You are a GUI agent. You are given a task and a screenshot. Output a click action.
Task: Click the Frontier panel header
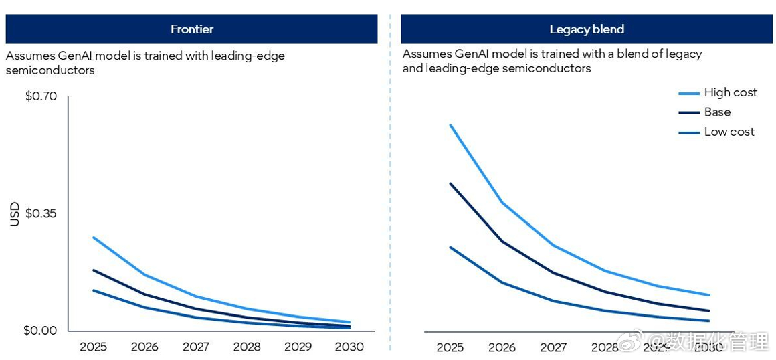[191, 29]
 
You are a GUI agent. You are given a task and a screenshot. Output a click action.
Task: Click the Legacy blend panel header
[586, 29]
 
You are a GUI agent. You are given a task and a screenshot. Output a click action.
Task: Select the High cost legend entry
[730, 92]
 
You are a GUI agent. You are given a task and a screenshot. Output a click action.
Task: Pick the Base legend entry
[716, 112]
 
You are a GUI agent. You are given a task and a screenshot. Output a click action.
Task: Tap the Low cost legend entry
[729, 132]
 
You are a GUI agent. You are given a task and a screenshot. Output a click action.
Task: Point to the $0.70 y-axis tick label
[41, 96]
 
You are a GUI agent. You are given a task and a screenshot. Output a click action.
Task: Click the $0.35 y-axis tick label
[41, 213]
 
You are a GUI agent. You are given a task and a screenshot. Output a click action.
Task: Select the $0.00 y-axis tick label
[41, 331]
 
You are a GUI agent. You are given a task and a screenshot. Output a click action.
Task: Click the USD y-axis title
[15, 214]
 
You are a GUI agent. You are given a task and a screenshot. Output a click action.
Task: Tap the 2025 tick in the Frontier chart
[94, 347]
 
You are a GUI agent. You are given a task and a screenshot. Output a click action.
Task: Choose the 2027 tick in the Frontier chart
[195, 347]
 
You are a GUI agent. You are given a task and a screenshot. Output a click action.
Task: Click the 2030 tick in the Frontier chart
[349, 347]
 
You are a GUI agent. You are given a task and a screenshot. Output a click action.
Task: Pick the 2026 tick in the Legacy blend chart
[502, 347]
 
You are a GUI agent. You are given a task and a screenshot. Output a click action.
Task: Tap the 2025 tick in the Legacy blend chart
[450, 347]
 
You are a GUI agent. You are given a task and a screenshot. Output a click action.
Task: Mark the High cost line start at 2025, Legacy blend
[450, 125]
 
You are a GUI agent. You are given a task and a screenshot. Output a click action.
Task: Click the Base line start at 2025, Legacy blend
[450, 183]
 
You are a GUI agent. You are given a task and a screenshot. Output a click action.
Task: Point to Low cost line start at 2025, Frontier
[94, 290]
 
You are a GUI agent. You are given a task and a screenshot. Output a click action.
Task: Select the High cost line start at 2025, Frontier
[94, 238]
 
